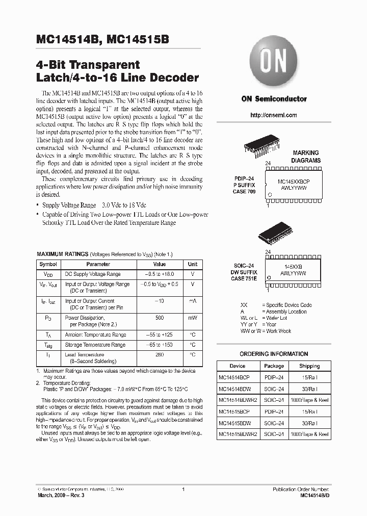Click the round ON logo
(274, 63)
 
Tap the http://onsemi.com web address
(274, 115)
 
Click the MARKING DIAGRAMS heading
(306, 156)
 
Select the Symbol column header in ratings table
(48, 265)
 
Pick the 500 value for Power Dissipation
(160, 317)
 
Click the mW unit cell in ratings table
(193, 317)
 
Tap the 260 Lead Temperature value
(160, 354)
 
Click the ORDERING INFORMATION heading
(274, 354)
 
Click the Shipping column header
(309, 366)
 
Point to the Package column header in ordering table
(274, 366)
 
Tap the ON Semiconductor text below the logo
(274, 99)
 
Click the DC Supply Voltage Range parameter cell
(93, 274)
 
